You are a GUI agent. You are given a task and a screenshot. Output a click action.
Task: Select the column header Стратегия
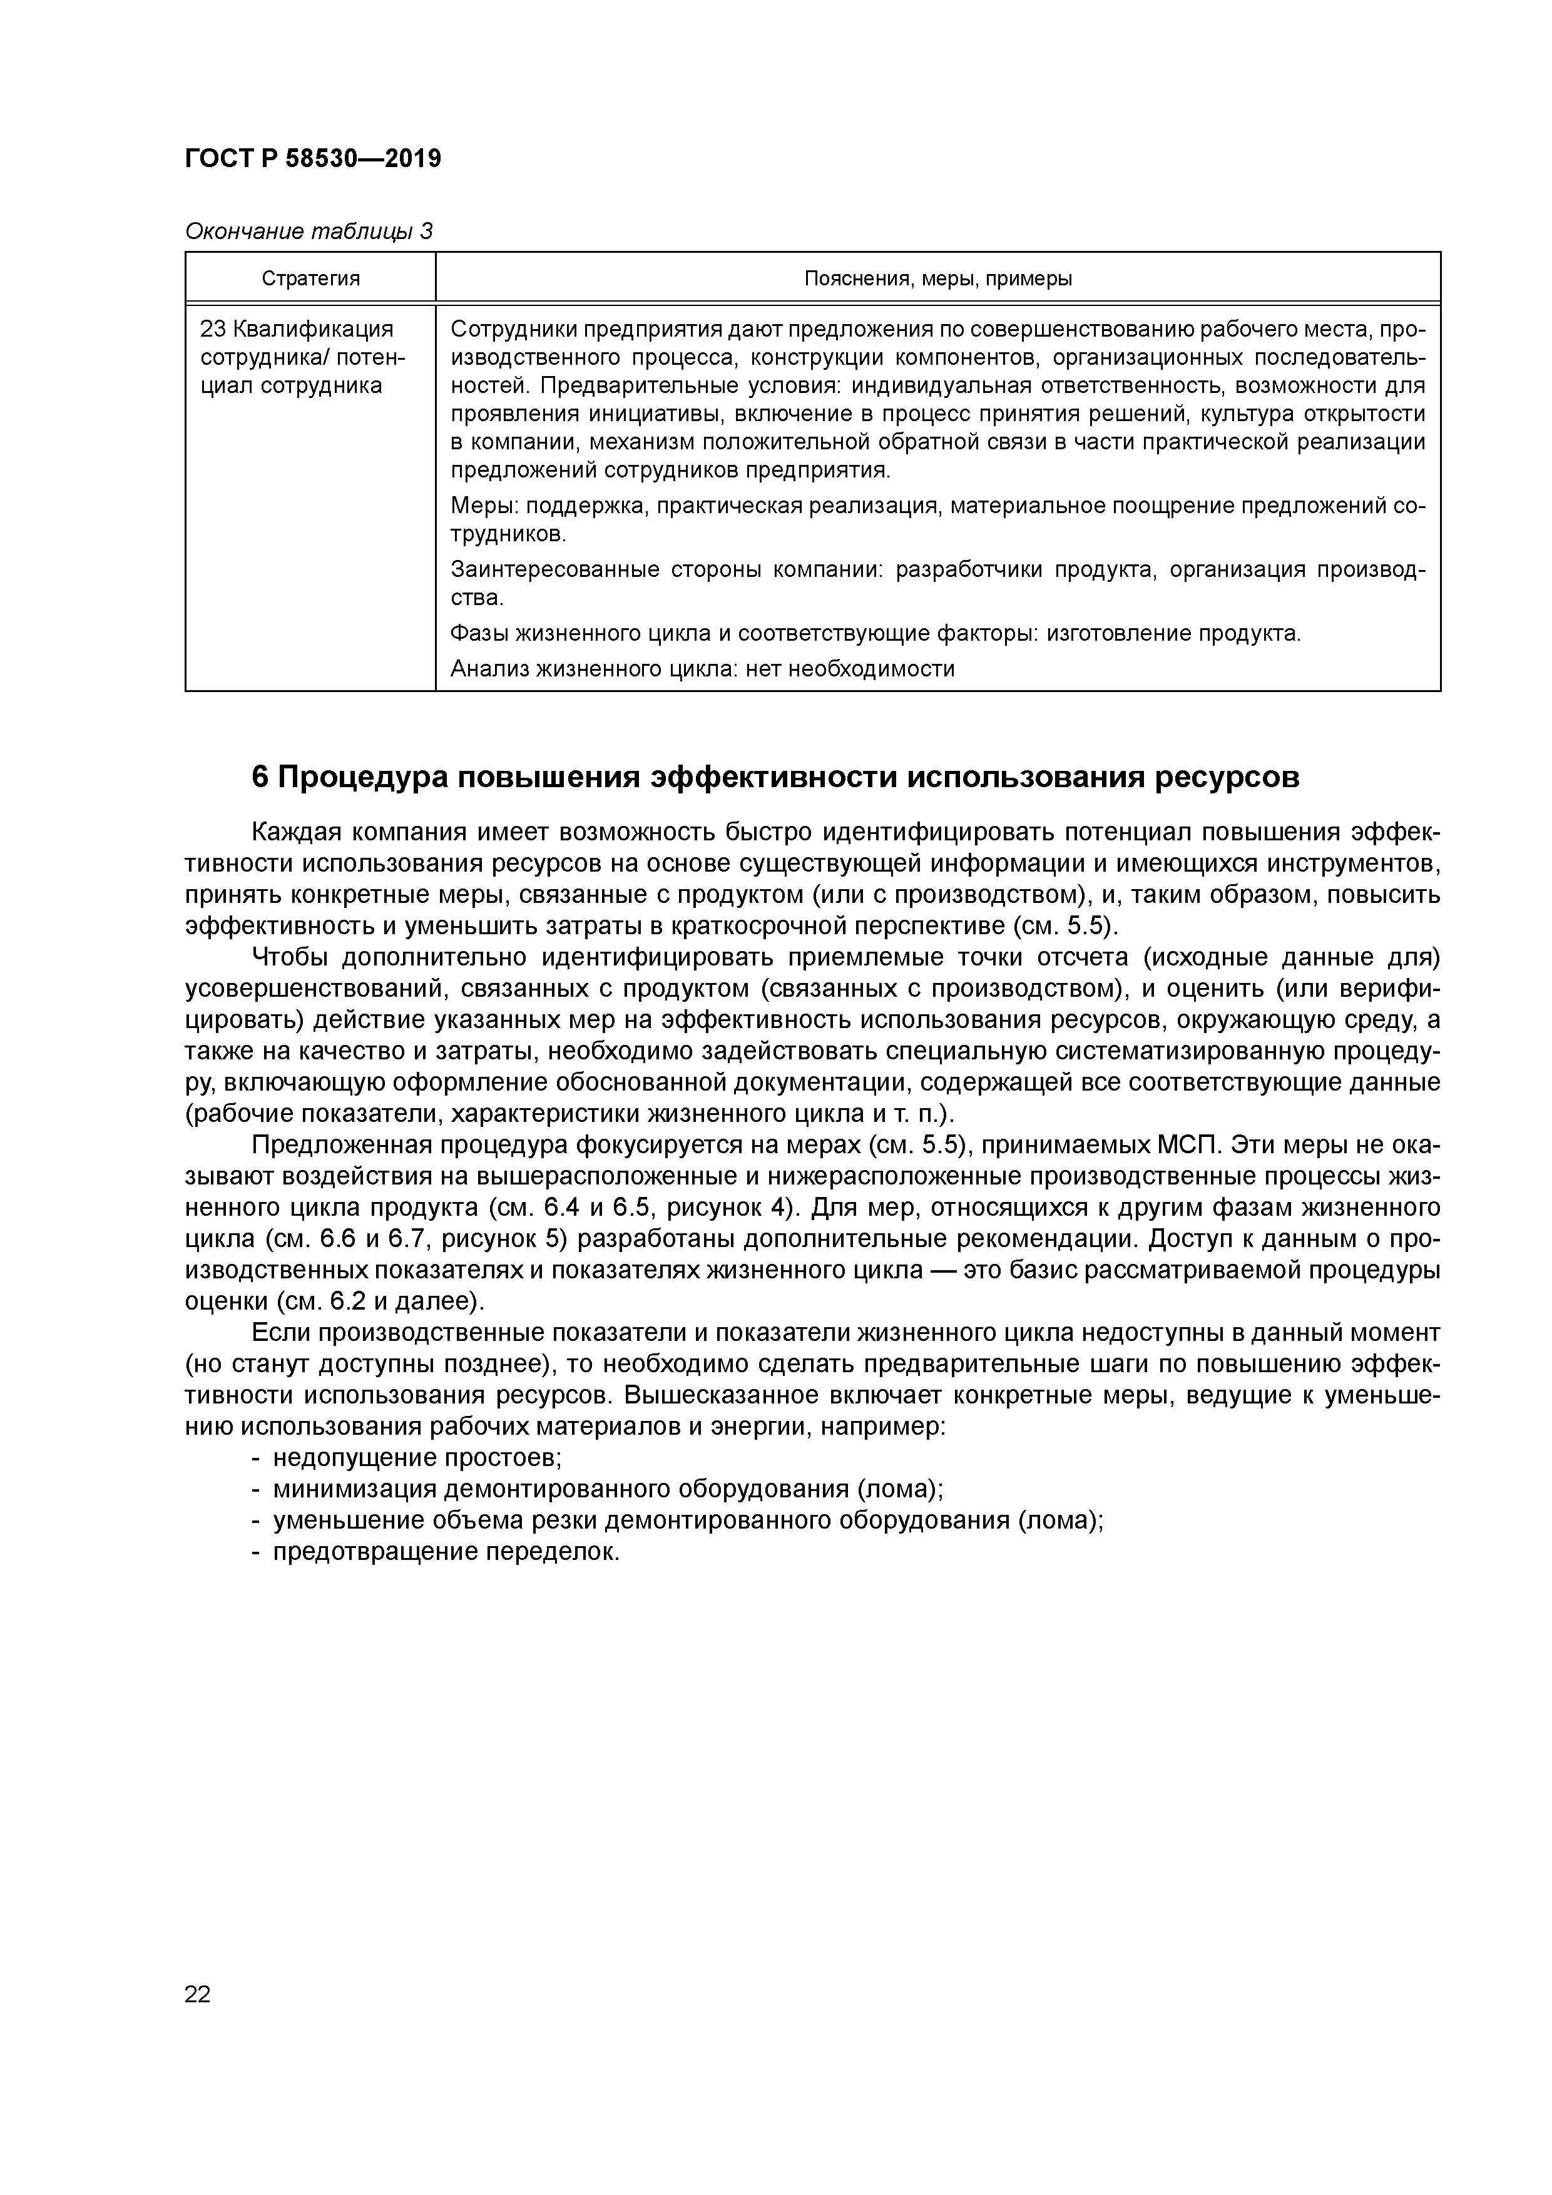[x=311, y=278]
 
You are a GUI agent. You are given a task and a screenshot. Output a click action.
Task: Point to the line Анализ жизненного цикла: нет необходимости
[x=702, y=668]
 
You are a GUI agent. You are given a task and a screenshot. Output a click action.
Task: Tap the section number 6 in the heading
[x=259, y=777]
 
